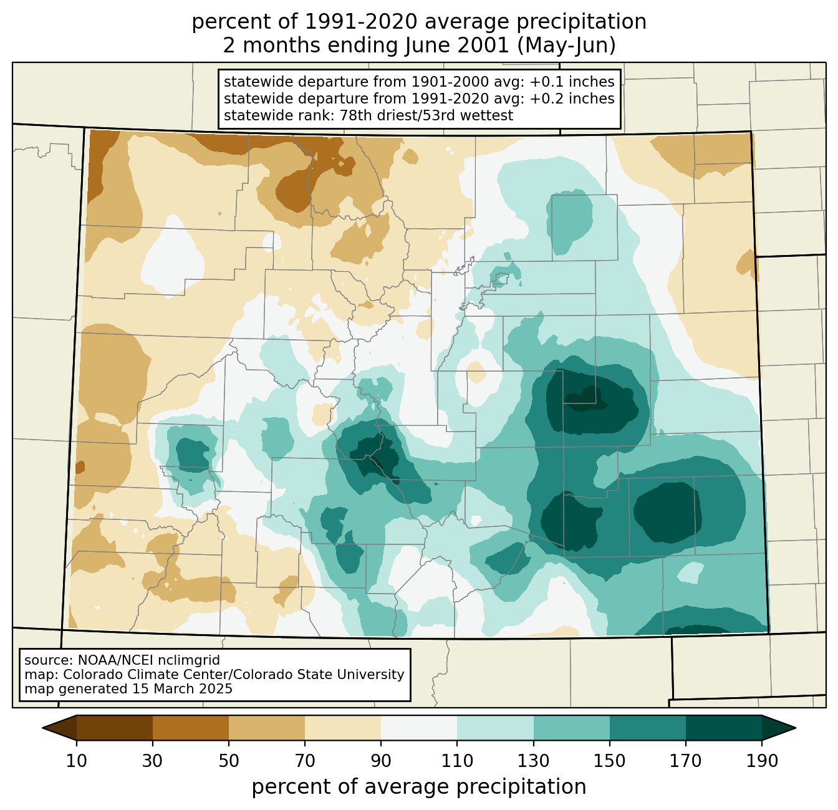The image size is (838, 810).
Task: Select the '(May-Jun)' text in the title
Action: pyautogui.click(x=566, y=46)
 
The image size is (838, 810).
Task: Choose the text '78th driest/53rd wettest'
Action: pyautogui.click(x=426, y=115)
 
